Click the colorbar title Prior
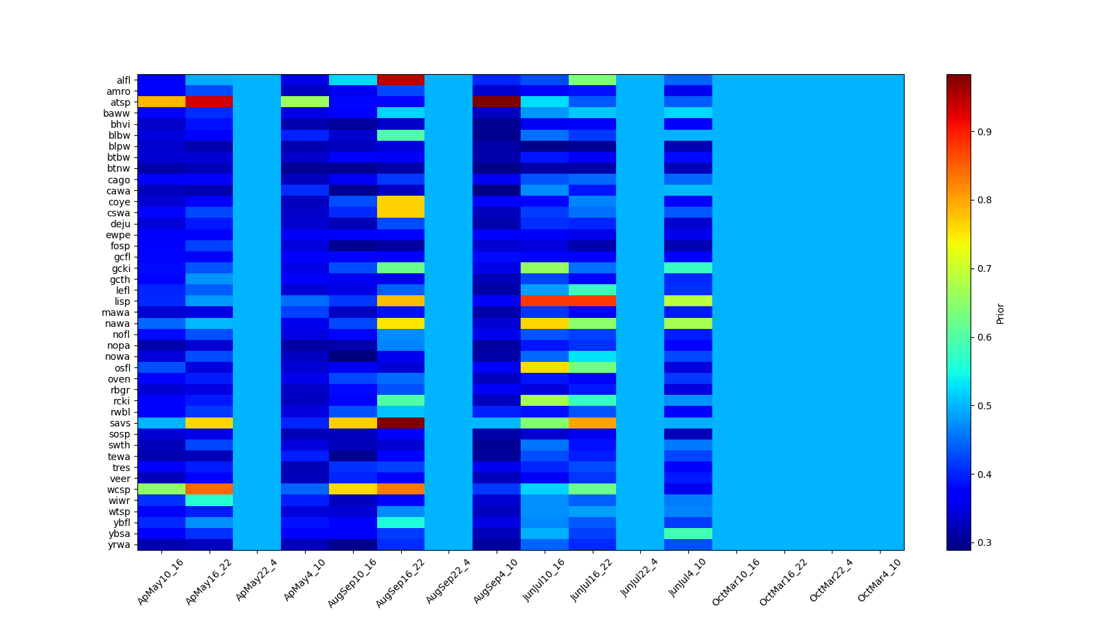[x=1000, y=313]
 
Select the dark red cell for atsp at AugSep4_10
[x=497, y=102]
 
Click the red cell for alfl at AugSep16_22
[x=400, y=80]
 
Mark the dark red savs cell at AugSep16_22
[x=400, y=423]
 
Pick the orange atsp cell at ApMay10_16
[x=161, y=102]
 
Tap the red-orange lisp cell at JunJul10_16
[x=545, y=301]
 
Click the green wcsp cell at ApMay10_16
[x=161, y=490]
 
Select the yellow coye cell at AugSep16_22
[x=400, y=207]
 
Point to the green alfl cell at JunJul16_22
[x=592, y=80]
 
